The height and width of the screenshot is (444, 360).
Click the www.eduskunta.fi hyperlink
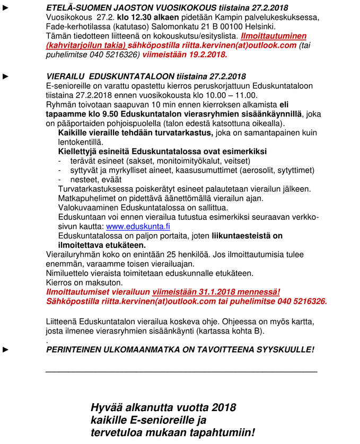click(x=138, y=226)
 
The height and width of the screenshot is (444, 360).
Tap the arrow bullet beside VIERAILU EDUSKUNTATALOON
click(x=6, y=76)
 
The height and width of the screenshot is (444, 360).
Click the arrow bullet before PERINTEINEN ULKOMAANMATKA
click(x=6, y=350)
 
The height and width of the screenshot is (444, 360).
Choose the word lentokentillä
click(x=80, y=142)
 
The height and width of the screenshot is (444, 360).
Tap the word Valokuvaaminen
click(x=89, y=208)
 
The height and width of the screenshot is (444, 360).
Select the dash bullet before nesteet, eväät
click(x=60, y=180)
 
